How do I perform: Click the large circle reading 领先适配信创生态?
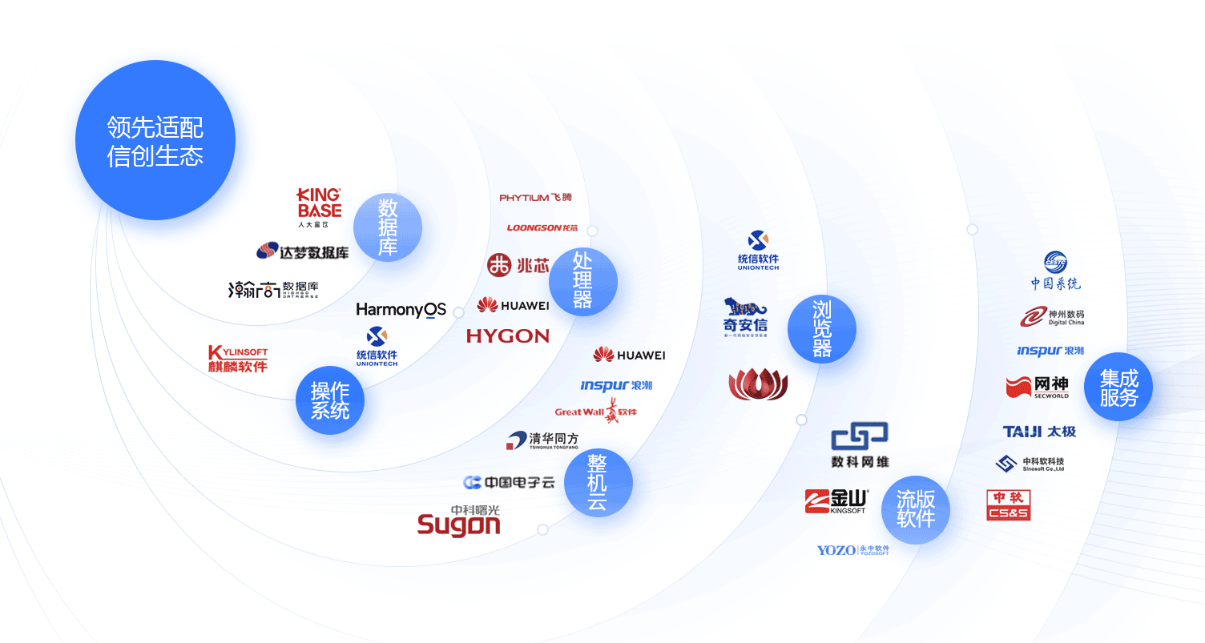pyautogui.click(x=155, y=140)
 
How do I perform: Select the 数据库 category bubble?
pyautogui.click(x=388, y=227)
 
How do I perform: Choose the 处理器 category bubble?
pyautogui.click(x=582, y=281)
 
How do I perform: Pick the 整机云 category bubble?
pyautogui.click(x=598, y=482)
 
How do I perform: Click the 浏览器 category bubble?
pyautogui.click(x=821, y=328)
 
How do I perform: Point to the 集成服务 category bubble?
pyautogui.click(x=1118, y=388)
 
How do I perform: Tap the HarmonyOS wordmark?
pyautogui.click(x=401, y=310)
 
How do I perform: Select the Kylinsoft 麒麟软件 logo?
pyautogui.click(x=237, y=359)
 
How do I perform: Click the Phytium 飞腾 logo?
pyautogui.click(x=535, y=197)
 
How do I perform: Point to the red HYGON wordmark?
pyautogui.click(x=508, y=336)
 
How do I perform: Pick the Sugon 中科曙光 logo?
pyautogui.click(x=459, y=520)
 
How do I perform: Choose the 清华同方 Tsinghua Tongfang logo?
pyautogui.click(x=542, y=440)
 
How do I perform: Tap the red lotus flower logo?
pyautogui.click(x=758, y=384)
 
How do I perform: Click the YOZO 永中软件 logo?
pyautogui.click(x=852, y=550)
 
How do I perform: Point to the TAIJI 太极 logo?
pyautogui.click(x=1039, y=432)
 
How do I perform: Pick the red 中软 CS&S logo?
pyautogui.click(x=1008, y=504)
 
